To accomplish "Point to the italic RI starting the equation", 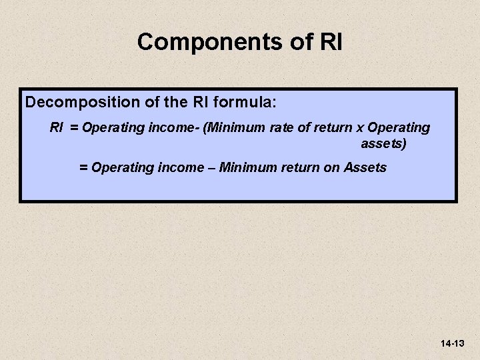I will (57, 127).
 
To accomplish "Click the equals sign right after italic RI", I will (71, 127).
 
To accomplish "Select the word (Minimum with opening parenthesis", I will (235, 127).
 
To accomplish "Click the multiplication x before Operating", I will (359, 127).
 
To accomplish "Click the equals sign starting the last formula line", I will (83, 167).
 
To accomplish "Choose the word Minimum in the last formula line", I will (247, 167).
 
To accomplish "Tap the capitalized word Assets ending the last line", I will (365, 167).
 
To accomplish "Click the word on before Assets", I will (331, 167).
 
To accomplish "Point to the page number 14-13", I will (452, 343).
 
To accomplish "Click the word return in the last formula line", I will (299, 167).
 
